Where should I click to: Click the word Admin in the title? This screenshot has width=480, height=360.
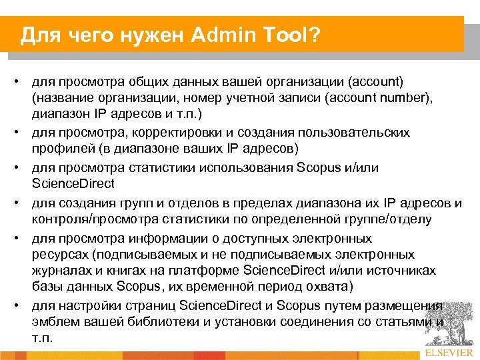pos(219,34)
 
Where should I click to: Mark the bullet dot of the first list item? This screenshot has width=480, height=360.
pos(21,81)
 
